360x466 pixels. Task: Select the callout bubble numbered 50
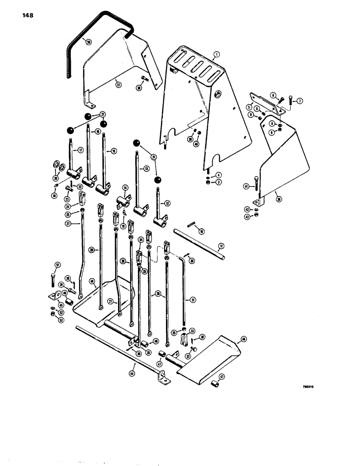click(x=89, y=41)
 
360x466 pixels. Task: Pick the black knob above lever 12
click(x=159, y=179)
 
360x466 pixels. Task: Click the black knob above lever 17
click(x=70, y=131)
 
